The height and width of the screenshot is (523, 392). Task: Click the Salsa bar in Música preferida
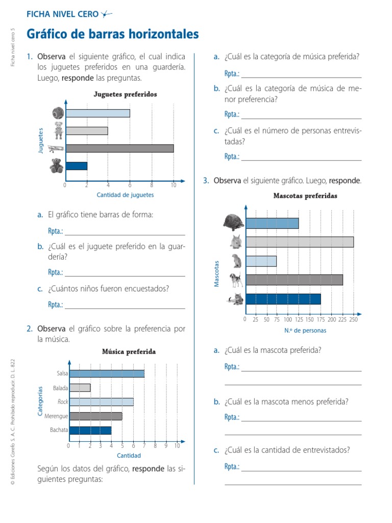[x=107, y=373]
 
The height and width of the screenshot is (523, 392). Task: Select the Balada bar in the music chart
[x=80, y=388]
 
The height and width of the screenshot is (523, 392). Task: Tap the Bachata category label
[x=59, y=430]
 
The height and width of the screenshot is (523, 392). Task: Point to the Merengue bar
[x=95, y=416]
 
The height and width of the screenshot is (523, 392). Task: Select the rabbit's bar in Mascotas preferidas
[x=300, y=242]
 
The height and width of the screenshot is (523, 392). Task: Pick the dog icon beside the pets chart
[x=235, y=280]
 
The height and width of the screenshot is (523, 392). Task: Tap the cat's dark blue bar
[x=283, y=299]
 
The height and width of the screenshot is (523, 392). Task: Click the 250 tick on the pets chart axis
[x=353, y=320]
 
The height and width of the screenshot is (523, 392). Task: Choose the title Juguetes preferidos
[x=125, y=94]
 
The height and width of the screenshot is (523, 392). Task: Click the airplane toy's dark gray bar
[x=119, y=149]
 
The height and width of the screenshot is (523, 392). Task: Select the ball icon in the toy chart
[x=57, y=113]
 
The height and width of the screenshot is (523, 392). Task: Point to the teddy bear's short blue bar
[x=77, y=166]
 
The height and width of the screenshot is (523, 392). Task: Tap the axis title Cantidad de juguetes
[x=125, y=195]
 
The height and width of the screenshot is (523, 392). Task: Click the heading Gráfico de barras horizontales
[x=112, y=35]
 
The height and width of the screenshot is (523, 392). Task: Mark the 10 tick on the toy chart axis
[x=174, y=185]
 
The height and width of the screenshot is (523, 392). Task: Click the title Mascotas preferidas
[x=305, y=196]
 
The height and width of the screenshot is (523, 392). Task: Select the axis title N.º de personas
[x=305, y=330]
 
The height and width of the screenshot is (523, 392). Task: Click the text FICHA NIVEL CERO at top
[x=62, y=14]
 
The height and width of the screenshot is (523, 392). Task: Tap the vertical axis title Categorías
[x=40, y=400]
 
